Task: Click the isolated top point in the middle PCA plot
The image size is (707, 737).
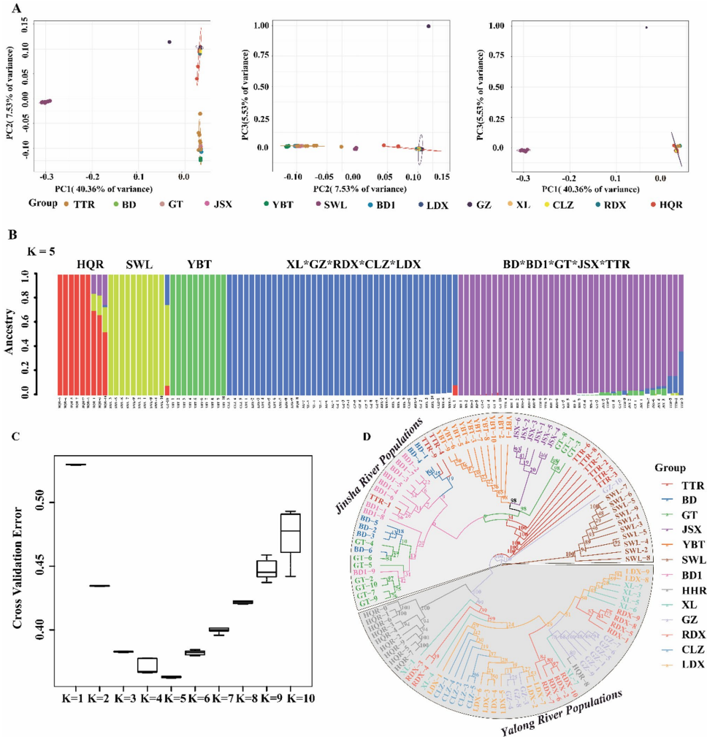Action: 429,26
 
